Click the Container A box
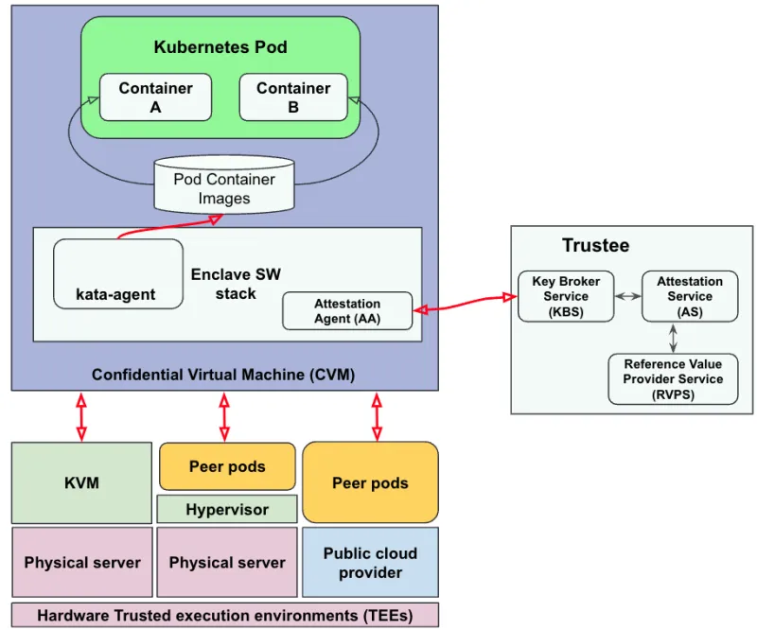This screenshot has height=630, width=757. [x=156, y=97]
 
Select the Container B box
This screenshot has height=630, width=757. [x=293, y=97]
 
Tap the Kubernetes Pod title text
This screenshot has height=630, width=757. [x=220, y=46]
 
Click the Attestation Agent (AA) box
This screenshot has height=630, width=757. [x=347, y=311]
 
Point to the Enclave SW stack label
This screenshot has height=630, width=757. [x=236, y=284]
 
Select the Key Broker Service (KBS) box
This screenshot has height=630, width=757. [x=566, y=296]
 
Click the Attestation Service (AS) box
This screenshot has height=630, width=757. [x=690, y=296]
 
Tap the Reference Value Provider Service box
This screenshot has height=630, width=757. [x=673, y=379]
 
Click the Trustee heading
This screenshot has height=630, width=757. [x=595, y=246]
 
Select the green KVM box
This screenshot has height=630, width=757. [x=81, y=482]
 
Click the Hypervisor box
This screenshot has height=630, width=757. [x=227, y=509]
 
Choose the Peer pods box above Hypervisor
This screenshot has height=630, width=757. [x=227, y=466]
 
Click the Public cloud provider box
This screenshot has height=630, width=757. [x=370, y=563]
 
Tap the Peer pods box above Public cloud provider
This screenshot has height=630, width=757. [x=370, y=482]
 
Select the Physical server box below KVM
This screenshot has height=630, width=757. [x=81, y=562]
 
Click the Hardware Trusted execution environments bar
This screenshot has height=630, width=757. [x=225, y=615]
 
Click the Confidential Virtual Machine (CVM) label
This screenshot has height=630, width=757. [x=223, y=375]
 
